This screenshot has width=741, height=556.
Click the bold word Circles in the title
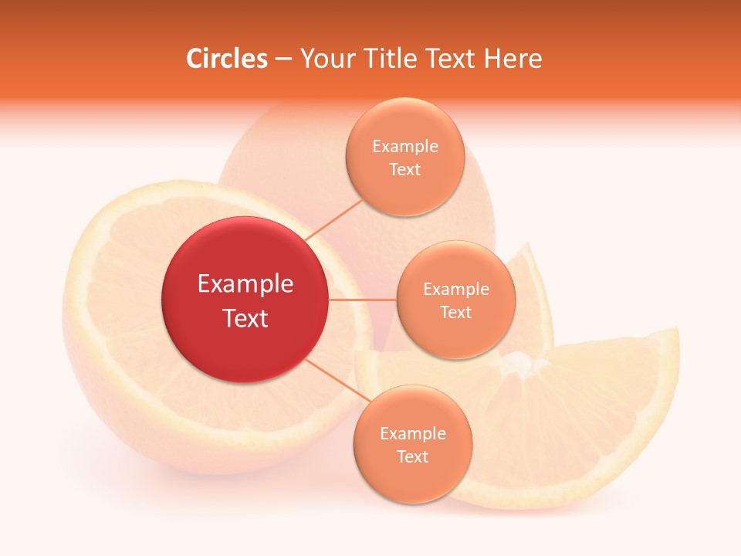226,59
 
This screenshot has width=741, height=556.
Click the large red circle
245,300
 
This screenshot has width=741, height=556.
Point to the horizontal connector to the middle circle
362,300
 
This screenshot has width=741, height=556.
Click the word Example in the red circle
245,284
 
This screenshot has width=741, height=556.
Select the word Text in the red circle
245,318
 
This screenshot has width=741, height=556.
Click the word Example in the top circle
405,147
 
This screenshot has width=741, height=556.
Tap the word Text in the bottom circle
412,457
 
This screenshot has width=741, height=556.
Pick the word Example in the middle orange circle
456,290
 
